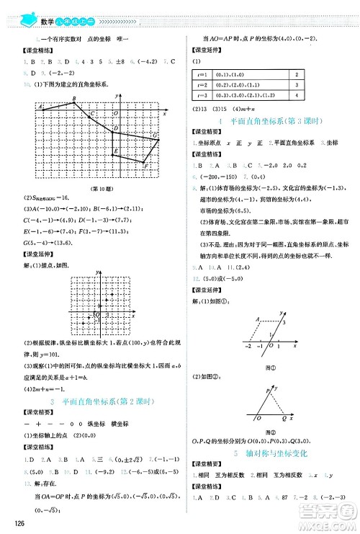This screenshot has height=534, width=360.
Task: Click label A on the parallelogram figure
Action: click(237, 318)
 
